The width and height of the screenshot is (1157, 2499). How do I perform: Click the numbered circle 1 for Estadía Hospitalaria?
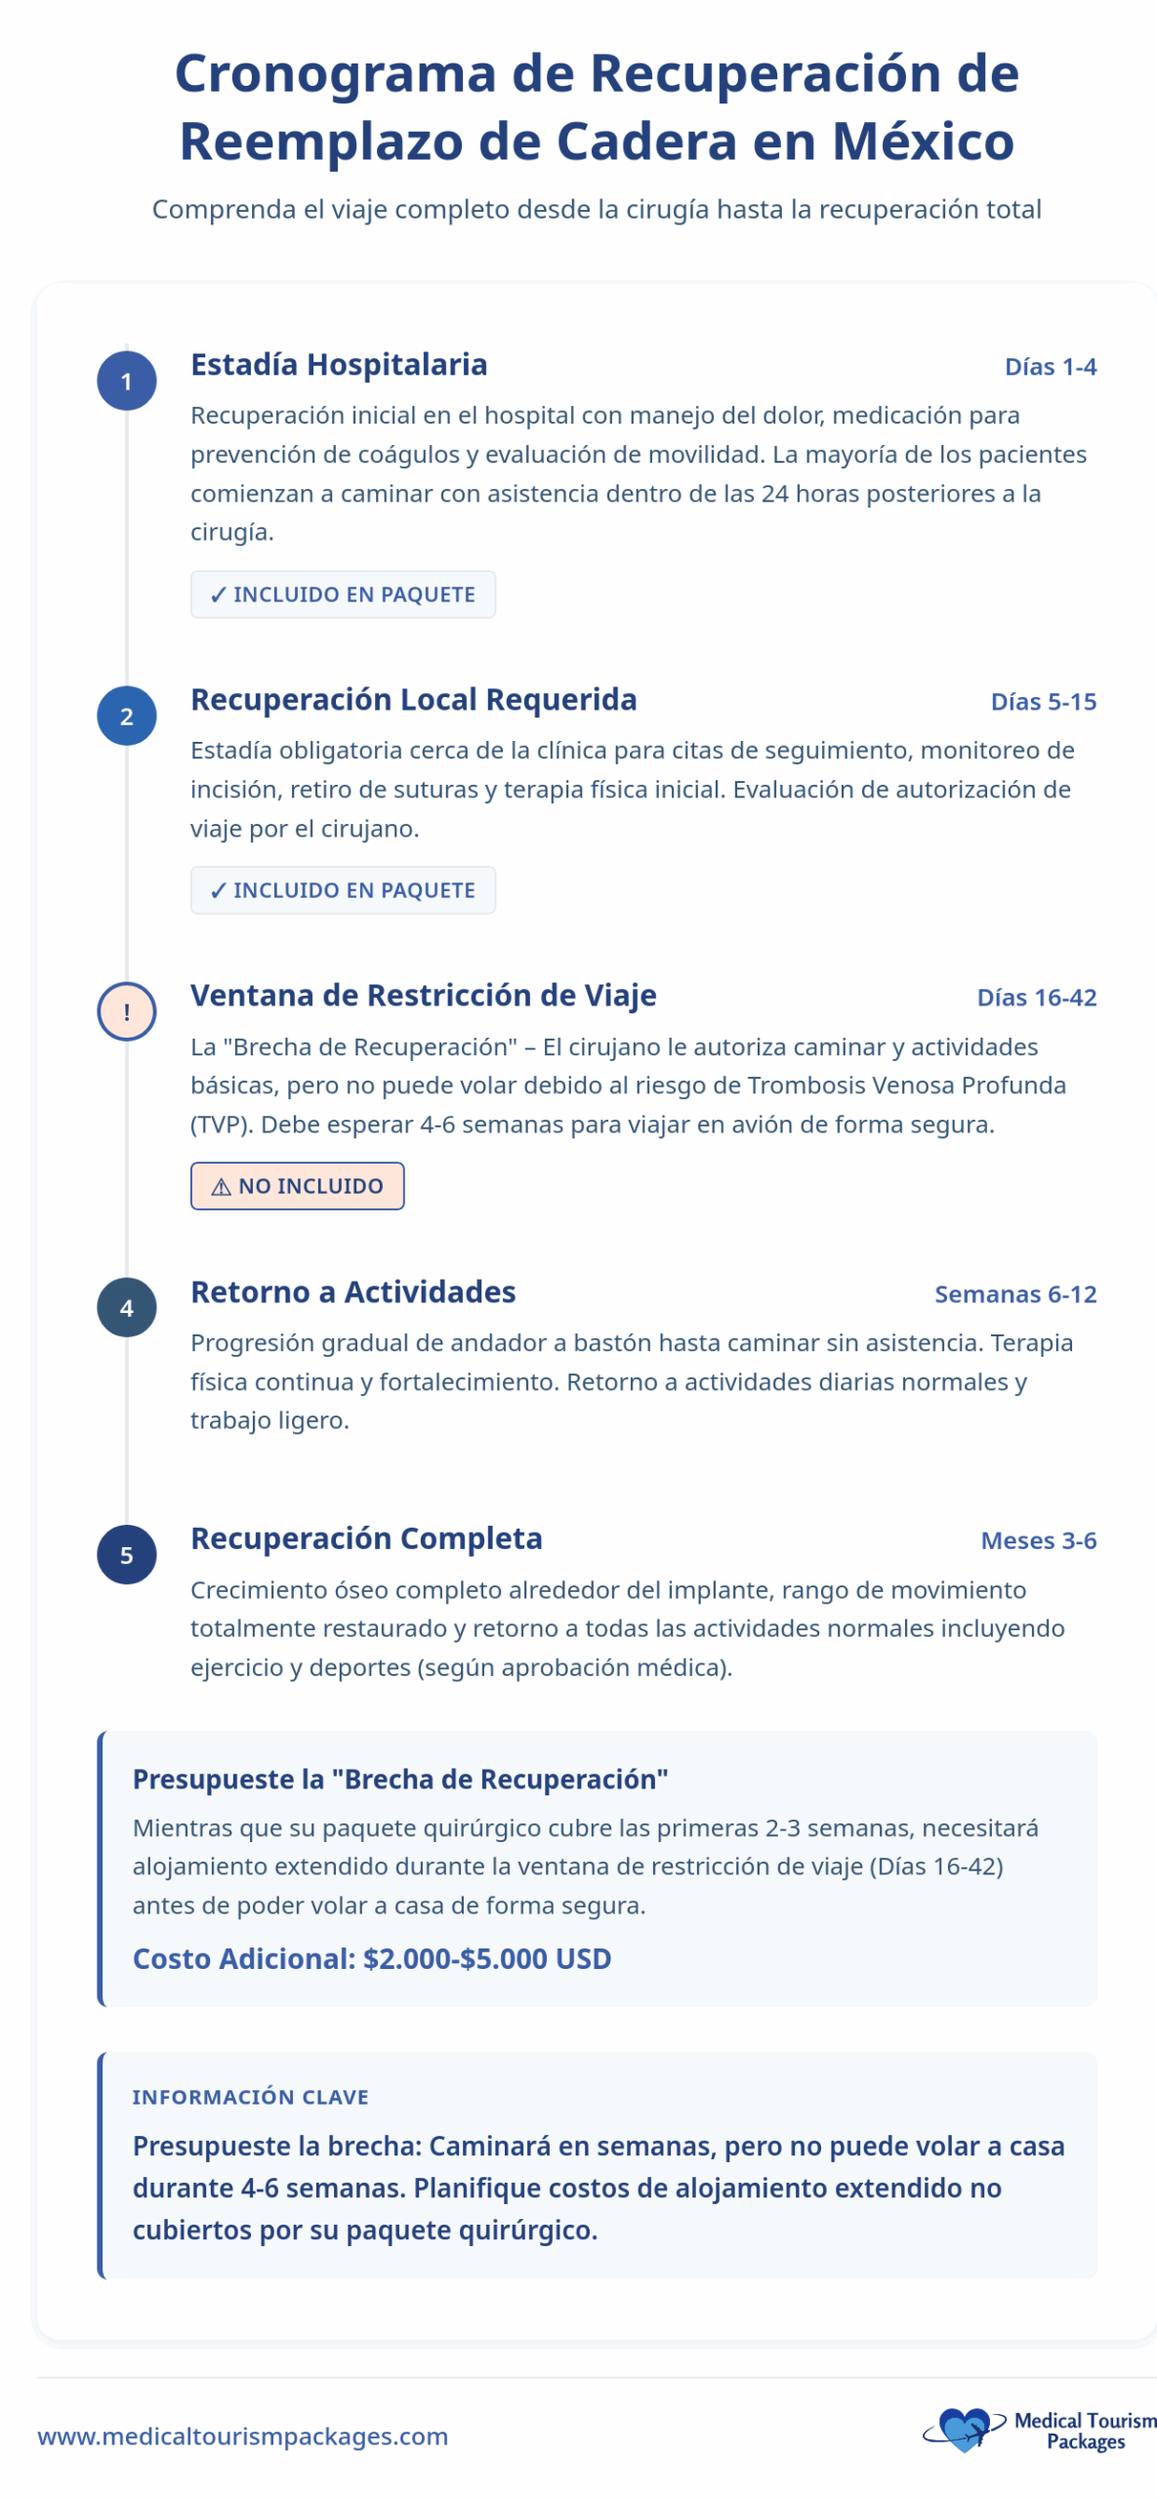126,381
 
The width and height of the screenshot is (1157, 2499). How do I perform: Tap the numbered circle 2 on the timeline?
126,716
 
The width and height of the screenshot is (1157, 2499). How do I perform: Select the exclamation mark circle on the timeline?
126,1011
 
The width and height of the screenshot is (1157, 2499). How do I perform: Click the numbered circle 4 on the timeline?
126,1307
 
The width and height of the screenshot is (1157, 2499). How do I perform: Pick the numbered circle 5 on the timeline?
126,1554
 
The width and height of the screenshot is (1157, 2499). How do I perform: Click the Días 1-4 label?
1050,367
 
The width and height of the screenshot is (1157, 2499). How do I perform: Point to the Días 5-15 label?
1043,702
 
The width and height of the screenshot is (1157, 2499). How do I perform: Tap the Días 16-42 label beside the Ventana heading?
1036,998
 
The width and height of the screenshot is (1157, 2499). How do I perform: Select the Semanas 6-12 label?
1014,1294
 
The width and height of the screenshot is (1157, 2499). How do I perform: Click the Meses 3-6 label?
1038,1540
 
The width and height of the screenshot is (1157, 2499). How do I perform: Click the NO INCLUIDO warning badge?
297,1186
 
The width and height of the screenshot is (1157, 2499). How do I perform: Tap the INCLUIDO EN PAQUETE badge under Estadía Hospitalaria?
343,594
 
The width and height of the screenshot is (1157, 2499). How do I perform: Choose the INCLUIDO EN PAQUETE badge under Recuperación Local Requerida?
343,890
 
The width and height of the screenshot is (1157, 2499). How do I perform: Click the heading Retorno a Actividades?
352,1292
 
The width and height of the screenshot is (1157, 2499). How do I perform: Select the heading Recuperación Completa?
366,1538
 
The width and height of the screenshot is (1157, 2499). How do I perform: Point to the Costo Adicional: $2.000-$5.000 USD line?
371,1958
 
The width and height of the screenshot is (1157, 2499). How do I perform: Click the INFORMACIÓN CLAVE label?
250,2097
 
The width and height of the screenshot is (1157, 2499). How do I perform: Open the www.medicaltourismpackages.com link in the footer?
242,2437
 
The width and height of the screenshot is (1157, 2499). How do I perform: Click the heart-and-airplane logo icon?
963,2429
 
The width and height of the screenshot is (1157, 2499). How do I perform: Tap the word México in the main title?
923,142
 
